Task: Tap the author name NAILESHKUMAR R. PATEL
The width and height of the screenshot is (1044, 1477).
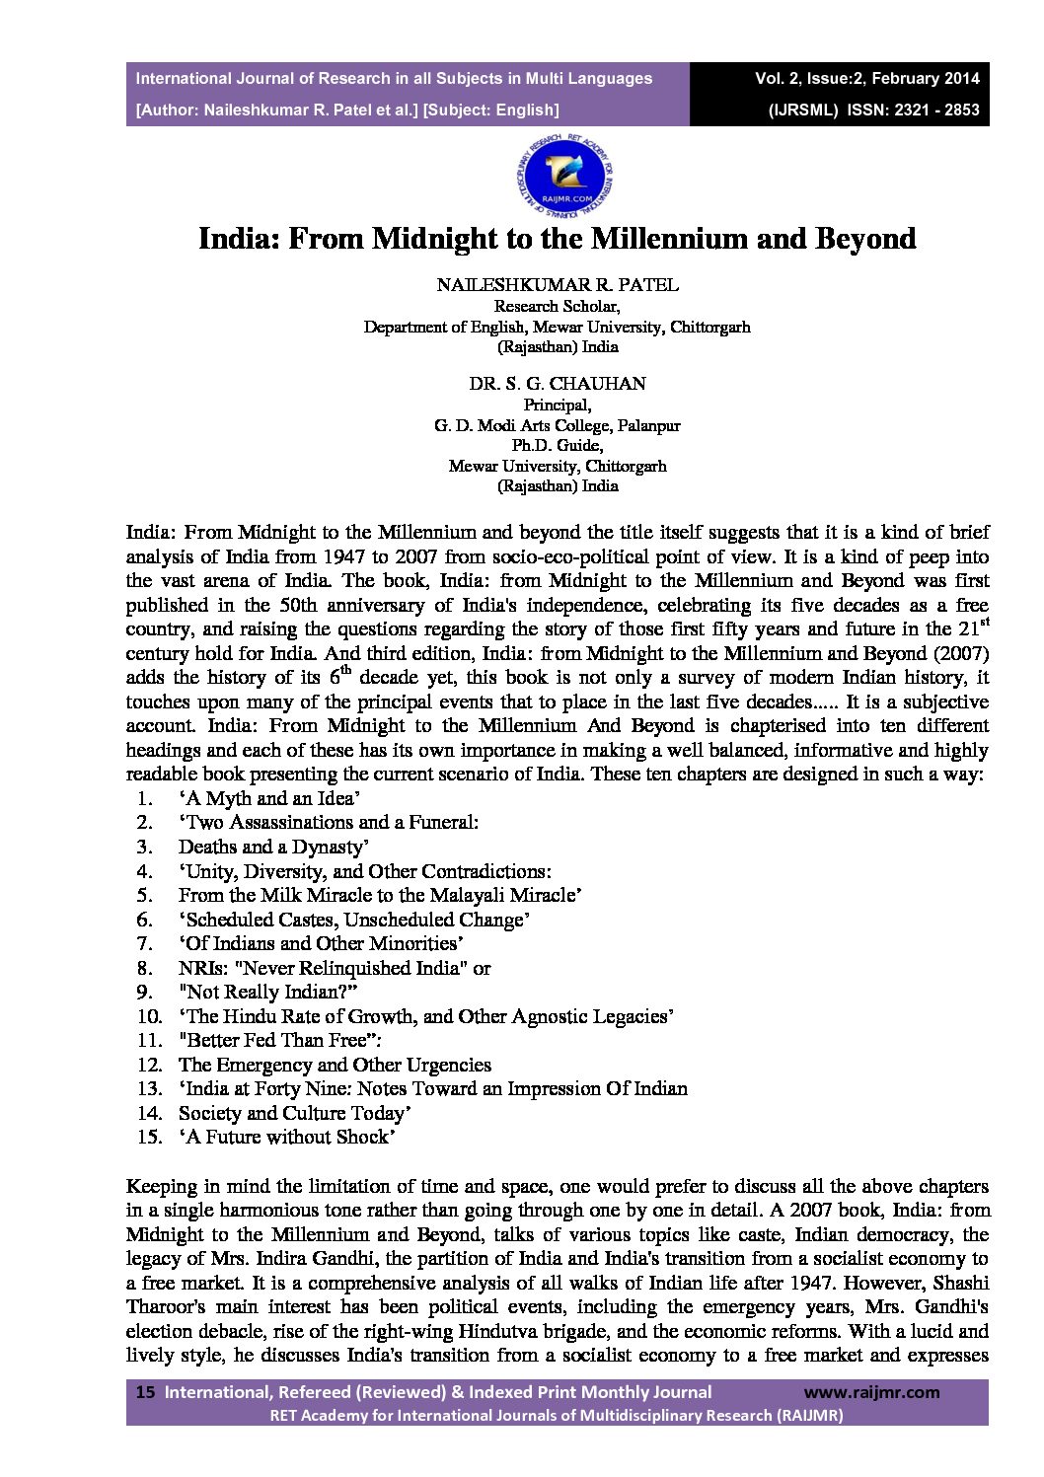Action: [558, 285]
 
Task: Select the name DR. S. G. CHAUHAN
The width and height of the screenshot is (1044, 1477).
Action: [558, 383]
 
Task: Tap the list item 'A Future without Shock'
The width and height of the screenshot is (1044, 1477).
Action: [287, 1137]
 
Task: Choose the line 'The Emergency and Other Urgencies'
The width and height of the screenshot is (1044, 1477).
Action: [335, 1065]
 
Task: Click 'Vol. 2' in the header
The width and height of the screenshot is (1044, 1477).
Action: [777, 78]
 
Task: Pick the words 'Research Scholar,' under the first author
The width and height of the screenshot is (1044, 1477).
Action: [558, 306]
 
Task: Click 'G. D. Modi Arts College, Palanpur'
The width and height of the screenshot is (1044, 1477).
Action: [558, 426]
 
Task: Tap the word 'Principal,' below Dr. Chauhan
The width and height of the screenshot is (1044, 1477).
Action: [558, 405]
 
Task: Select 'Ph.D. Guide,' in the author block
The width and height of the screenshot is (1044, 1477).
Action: [558, 446]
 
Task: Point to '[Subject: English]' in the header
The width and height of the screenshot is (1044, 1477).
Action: [490, 110]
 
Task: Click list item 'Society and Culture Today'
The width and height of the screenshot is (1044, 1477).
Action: [294, 1113]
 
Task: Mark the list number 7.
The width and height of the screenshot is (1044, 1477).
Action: [145, 943]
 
